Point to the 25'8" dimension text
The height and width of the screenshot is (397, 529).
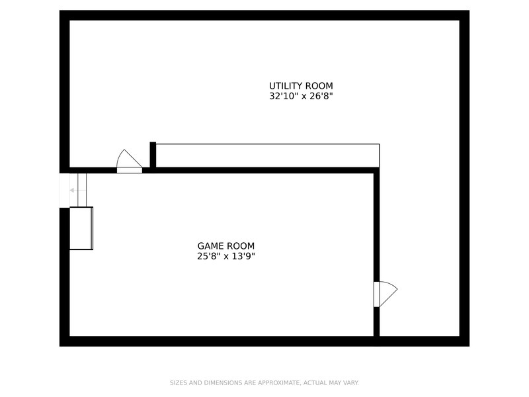tap(209, 256)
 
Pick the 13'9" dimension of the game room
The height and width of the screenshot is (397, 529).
tap(243, 256)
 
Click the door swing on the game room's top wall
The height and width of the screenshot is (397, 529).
tap(129, 158)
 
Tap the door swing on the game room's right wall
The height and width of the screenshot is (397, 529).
tap(388, 294)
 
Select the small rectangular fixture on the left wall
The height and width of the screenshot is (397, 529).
tap(81, 228)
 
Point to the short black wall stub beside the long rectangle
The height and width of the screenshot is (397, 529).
tap(153, 155)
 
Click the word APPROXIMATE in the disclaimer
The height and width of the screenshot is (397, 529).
tap(279, 383)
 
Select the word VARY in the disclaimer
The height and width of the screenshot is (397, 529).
tap(351, 383)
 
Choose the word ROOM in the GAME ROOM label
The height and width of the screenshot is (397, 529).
tap(241, 245)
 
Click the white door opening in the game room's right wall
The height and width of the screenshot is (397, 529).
tap(376, 294)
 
